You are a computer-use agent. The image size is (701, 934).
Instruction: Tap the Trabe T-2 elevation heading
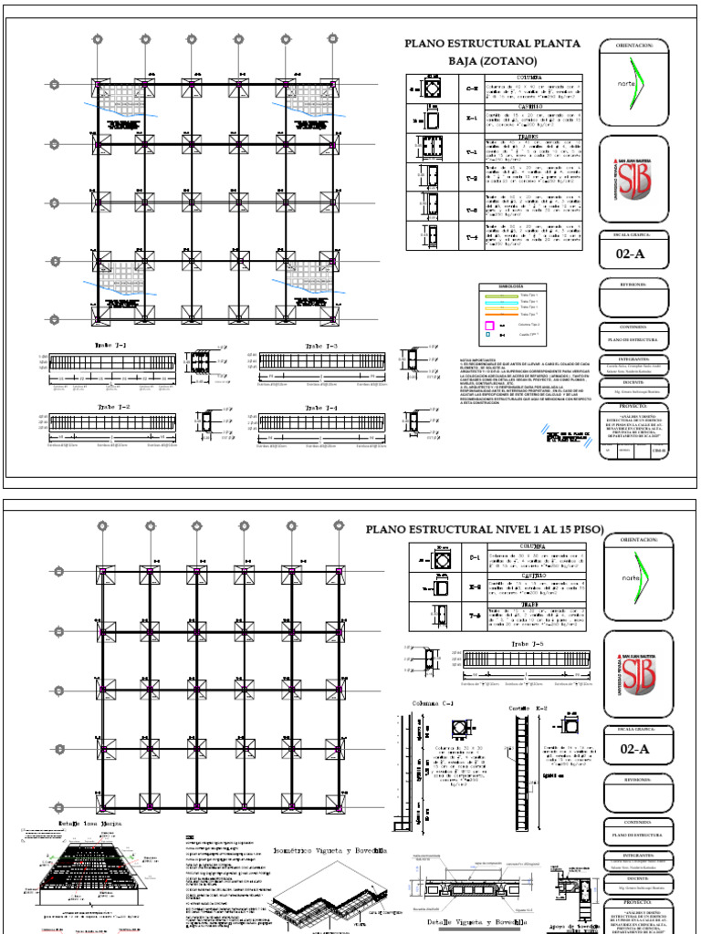[112, 407]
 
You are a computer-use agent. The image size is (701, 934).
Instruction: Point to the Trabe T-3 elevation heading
[321, 347]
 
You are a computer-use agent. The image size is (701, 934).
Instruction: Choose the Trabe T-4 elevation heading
[321, 407]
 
